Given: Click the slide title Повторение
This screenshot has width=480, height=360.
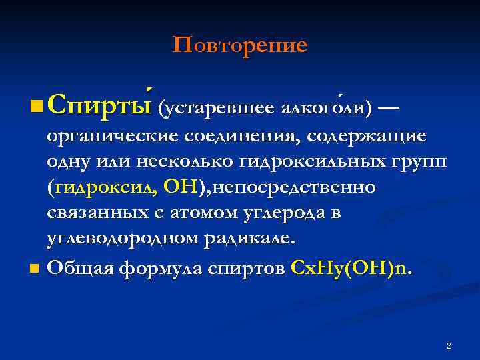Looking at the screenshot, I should pos(240,45).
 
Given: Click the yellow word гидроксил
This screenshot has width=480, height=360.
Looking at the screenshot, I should pos(102,188).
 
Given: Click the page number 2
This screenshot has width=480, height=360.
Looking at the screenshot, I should pos(449,346).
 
